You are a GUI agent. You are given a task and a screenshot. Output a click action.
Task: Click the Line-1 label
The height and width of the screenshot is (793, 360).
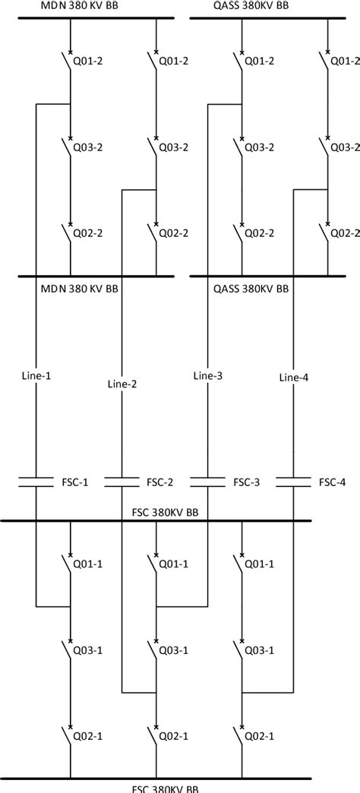click(36, 375)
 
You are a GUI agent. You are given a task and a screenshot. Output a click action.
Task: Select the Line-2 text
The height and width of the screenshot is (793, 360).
click(122, 384)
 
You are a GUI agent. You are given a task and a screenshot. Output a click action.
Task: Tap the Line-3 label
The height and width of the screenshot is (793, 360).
click(208, 375)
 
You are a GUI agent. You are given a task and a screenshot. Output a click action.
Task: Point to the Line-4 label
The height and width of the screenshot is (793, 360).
click(294, 377)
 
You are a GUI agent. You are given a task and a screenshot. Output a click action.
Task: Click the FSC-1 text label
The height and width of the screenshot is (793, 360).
click(74, 482)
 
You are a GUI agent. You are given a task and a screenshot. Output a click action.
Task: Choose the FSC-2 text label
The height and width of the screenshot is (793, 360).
click(159, 482)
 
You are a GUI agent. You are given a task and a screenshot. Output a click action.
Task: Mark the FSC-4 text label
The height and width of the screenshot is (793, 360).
click(332, 482)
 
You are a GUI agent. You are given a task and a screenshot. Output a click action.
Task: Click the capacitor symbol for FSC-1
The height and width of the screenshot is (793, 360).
click(36, 482)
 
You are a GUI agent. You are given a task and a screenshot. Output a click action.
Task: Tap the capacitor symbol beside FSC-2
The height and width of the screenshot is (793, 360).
click(122, 482)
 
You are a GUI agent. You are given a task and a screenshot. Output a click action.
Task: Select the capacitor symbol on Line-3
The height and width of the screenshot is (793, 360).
click(208, 482)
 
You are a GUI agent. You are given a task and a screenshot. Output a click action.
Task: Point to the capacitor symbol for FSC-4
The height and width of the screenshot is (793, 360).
click(294, 482)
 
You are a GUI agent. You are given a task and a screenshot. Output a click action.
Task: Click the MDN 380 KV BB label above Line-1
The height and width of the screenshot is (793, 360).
click(79, 289)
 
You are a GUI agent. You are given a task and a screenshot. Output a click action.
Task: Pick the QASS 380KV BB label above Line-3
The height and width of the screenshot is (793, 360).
click(250, 289)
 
